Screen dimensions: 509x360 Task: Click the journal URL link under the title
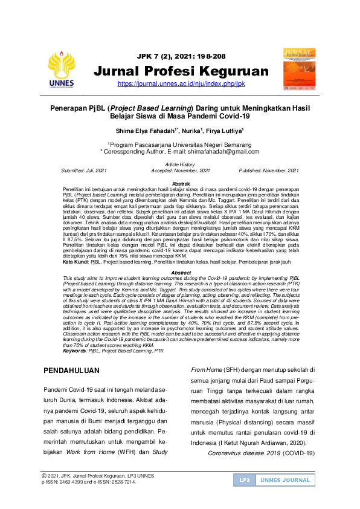pos(181,84)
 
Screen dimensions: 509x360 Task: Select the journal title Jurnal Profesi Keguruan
pos(181,72)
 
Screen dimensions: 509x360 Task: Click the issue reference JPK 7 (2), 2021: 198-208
pos(181,56)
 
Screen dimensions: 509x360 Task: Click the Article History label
pos(180,164)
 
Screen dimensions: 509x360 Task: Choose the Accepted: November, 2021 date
pos(180,171)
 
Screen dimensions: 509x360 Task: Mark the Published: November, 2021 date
pos(269,171)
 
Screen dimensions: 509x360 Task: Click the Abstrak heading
pos(181,184)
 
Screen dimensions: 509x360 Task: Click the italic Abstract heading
pos(181,273)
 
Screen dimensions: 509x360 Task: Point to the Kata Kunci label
pos(76,261)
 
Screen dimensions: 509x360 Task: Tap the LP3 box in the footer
pos(244,480)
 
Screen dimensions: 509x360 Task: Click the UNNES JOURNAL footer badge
pos(284,480)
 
